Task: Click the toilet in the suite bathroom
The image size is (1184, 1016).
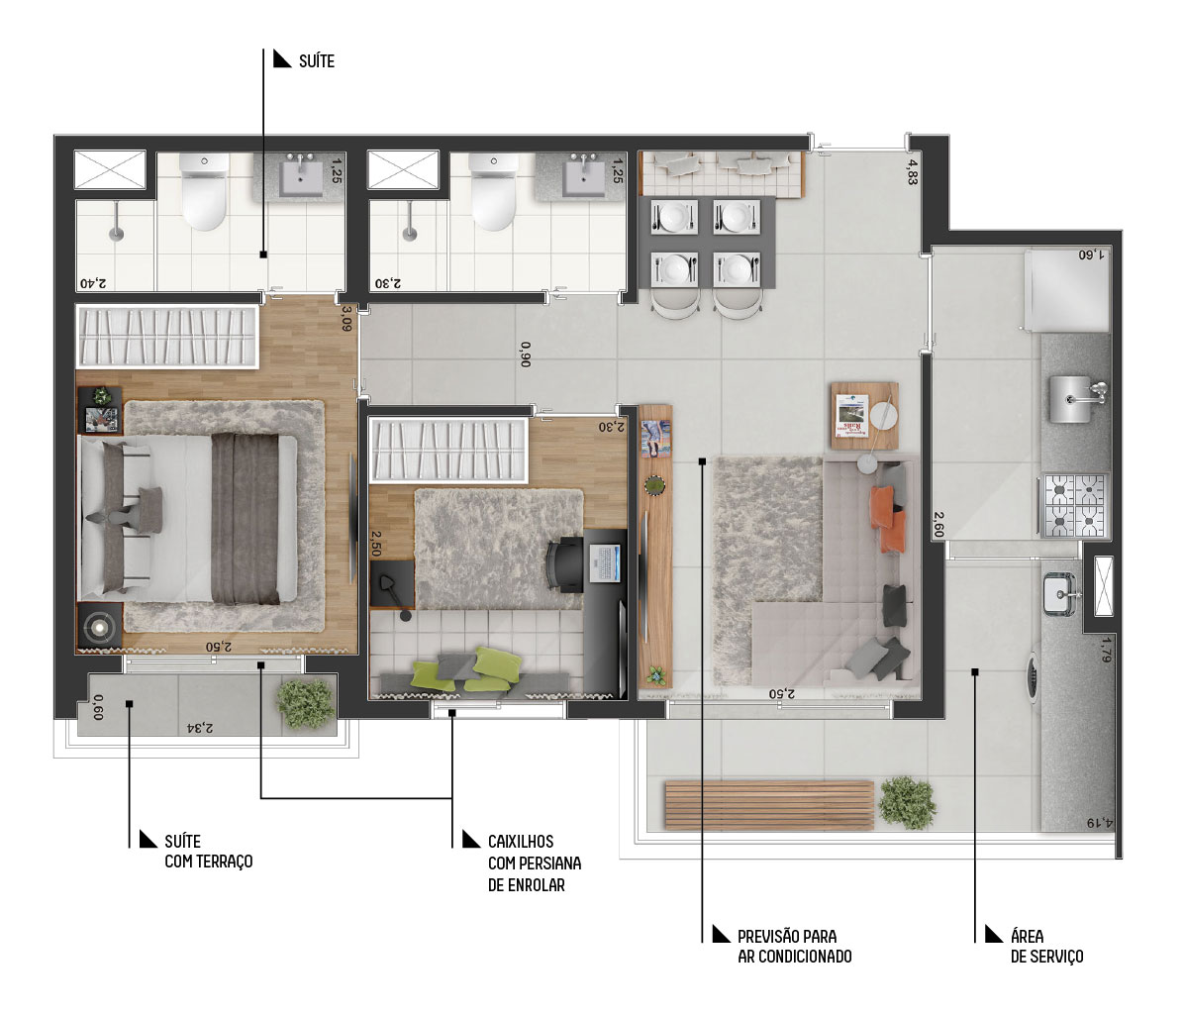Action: (x=204, y=193)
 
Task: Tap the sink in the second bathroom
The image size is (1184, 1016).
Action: (x=584, y=177)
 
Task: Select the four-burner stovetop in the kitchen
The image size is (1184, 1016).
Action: (x=1074, y=505)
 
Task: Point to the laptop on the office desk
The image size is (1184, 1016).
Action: (x=603, y=562)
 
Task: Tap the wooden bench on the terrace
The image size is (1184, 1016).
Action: (x=769, y=805)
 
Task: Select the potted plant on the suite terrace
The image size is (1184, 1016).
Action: (x=306, y=703)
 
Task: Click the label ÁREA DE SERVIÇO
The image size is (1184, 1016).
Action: (x=1046, y=946)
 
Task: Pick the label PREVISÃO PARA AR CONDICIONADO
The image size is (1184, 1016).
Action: (x=794, y=946)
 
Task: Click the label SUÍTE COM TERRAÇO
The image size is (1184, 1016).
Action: (x=209, y=852)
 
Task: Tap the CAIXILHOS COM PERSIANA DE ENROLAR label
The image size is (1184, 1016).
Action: (x=535, y=863)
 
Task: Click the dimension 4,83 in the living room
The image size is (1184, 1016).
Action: (x=912, y=171)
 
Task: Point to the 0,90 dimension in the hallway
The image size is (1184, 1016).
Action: (x=526, y=355)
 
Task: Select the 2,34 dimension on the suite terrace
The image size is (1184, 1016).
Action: (x=200, y=728)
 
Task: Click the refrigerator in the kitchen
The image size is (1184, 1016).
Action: (x=1066, y=291)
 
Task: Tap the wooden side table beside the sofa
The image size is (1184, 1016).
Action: (x=865, y=416)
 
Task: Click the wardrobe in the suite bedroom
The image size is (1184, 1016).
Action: (x=167, y=337)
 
